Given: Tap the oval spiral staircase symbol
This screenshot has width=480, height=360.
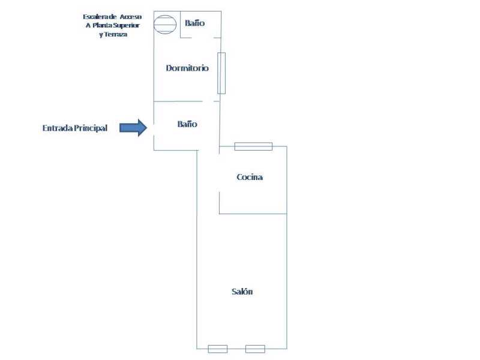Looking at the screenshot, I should (164, 25).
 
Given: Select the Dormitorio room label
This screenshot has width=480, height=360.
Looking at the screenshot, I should (187, 68).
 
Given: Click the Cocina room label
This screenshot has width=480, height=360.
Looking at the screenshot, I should (250, 177).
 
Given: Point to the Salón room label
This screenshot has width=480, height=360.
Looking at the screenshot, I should (242, 291).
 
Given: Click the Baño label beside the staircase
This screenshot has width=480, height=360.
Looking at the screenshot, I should (195, 23).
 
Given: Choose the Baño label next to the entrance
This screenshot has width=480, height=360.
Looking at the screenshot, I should (187, 124).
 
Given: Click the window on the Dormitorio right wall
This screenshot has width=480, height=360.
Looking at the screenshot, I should (221, 73).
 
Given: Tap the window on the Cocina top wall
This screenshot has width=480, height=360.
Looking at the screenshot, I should (253, 146).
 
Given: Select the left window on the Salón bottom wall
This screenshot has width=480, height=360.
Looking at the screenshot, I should (217, 349).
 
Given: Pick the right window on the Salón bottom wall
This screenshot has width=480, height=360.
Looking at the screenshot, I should (255, 349).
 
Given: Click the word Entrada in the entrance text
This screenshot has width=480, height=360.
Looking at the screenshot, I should (57, 128).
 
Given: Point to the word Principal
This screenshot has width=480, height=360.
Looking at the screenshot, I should (91, 128).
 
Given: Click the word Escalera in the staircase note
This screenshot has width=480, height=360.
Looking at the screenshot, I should (95, 17).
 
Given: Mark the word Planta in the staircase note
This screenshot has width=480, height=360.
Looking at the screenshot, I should (103, 25).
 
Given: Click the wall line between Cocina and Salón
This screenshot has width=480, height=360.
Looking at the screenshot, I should (253, 214).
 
